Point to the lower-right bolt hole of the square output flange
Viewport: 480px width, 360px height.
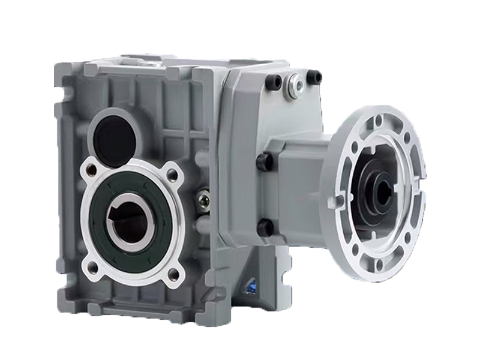(x=173, y=274)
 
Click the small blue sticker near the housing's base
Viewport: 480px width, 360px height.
(x=250, y=286)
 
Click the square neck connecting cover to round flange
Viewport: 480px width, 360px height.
(x=297, y=174)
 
